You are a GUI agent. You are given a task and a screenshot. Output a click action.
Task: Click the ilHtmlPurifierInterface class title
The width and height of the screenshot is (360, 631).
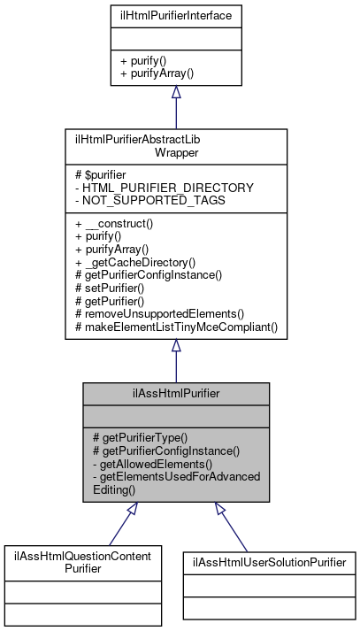[176, 16]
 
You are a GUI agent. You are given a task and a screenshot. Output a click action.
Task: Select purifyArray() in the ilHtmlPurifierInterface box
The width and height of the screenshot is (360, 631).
[157, 74]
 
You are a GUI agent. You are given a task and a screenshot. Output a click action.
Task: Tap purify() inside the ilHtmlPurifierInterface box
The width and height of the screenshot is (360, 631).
[146, 62]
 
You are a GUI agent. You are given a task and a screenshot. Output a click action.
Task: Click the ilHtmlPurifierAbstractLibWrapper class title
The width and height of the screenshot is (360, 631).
[176, 146]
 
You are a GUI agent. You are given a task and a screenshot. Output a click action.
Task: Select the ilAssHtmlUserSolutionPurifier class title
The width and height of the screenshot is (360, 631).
[269, 562]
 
